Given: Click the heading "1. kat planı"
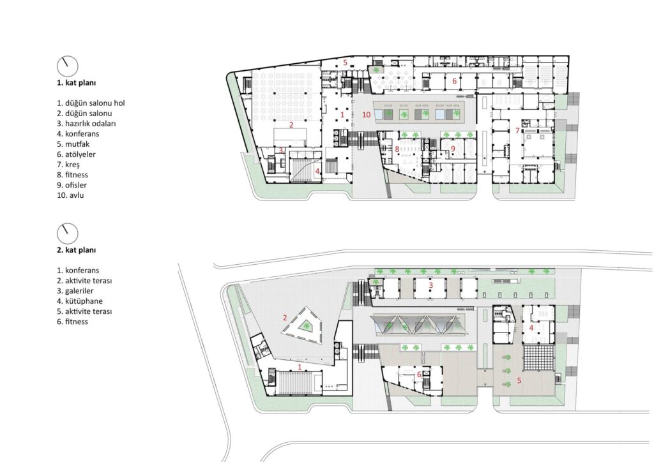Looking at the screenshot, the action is click(x=77, y=82).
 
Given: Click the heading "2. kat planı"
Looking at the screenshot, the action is click(x=77, y=250).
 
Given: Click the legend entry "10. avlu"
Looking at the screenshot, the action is click(x=70, y=195).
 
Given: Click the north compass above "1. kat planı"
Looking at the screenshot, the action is click(x=68, y=66).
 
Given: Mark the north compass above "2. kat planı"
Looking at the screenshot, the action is click(x=68, y=234).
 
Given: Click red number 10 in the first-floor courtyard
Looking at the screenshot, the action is click(x=366, y=115).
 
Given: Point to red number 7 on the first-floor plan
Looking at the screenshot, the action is click(x=517, y=131).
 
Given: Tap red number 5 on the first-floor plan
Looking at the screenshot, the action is click(x=346, y=63).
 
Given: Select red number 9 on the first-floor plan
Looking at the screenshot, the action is click(x=453, y=148).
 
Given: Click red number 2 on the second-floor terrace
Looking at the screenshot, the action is click(x=285, y=318).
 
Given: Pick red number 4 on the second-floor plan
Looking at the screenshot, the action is click(x=531, y=327).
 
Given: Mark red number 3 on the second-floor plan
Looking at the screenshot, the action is click(x=431, y=285).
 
